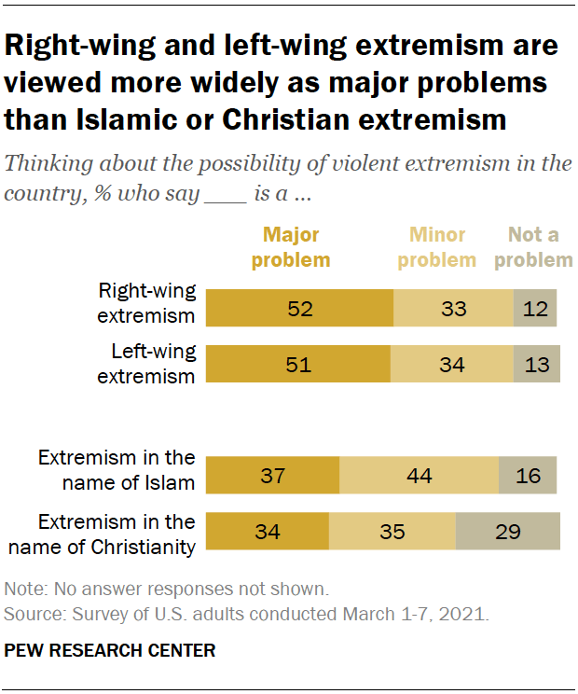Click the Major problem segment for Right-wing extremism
pyautogui.click(x=299, y=308)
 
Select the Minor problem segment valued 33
pyautogui.click(x=453, y=308)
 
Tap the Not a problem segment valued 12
pyautogui.click(x=535, y=308)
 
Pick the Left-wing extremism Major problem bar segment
pyautogui.click(x=297, y=364)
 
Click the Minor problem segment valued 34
pyautogui.click(x=451, y=364)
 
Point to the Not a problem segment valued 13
pyautogui.click(x=537, y=364)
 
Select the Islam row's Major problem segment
pyautogui.click(x=272, y=476)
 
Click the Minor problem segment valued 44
pyautogui.click(x=420, y=476)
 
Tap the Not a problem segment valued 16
pyautogui.click(x=529, y=476)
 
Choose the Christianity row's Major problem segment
pyautogui.click(x=268, y=532)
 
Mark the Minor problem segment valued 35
pyautogui.click(x=392, y=532)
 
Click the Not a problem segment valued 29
pyautogui.click(x=507, y=532)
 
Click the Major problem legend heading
pyautogui.click(x=291, y=247)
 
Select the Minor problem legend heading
pyautogui.click(x=437, y=247)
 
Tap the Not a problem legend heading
pyautogui.click(x=533, y=247)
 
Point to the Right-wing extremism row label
pyautogui.click(x=147, y=302)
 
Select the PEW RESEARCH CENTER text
pyautogui.click(x=110, y=651)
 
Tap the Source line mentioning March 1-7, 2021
pyautogui.click(x=247, y=614)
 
